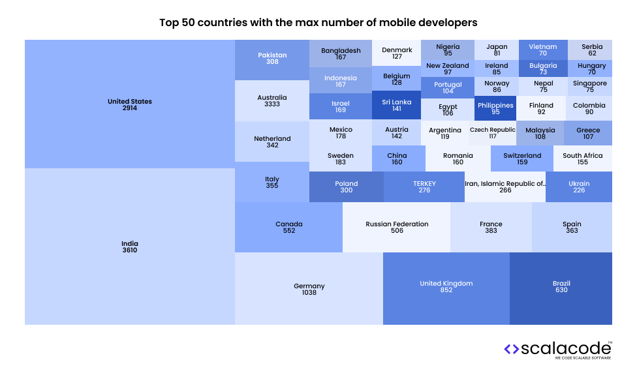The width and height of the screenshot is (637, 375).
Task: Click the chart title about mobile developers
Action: [x=318, y=22]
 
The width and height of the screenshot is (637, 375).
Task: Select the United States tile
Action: [x=130, y=104]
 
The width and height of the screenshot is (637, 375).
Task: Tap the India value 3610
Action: [x=130, y=250]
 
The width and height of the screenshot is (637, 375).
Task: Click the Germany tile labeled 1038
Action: [x=309, y=289]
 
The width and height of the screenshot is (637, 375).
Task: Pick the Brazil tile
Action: [x=561, y=287]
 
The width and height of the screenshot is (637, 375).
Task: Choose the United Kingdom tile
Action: [x=446, y=287]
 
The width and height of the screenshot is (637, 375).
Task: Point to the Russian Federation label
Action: [x=397, y=224]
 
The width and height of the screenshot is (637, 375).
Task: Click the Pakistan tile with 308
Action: [x=272, y=59]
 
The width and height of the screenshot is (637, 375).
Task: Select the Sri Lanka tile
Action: [x=396, y=106]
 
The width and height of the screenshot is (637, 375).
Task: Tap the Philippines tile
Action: [x=495, y=108]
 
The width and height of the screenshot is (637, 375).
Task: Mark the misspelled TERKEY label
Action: [x=424, y=183]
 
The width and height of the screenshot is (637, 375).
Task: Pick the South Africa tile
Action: [x=582, y=158]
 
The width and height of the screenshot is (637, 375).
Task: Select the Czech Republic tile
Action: [x=492, y=133]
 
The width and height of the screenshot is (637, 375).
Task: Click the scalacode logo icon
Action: [x=511, y=349]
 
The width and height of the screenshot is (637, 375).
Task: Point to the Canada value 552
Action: [x=288, y=231]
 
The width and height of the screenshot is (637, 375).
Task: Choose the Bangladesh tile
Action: [x=340, y=53]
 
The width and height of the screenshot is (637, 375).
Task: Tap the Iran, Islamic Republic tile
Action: [x=505, y=187]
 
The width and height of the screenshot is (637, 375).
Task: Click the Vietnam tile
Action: [x=542, y=50]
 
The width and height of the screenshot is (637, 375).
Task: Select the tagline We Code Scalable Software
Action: [x=583, y=359]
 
